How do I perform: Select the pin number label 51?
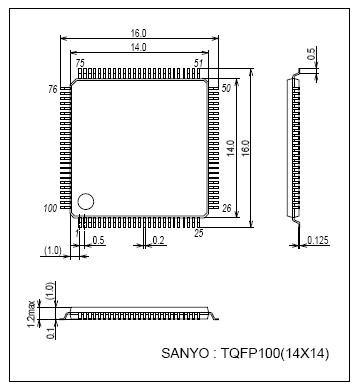(200, 63)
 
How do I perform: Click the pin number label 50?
(226, 90)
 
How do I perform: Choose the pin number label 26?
(226, 208)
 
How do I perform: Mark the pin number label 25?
(199, 233)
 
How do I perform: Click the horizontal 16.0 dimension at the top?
(138, 32)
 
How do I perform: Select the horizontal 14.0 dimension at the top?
(138, 47)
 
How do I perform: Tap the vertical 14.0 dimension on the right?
(231, 148)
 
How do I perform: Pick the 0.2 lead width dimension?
(158, 241)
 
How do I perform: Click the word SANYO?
(188, 354)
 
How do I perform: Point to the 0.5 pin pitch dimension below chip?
(98, 241)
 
